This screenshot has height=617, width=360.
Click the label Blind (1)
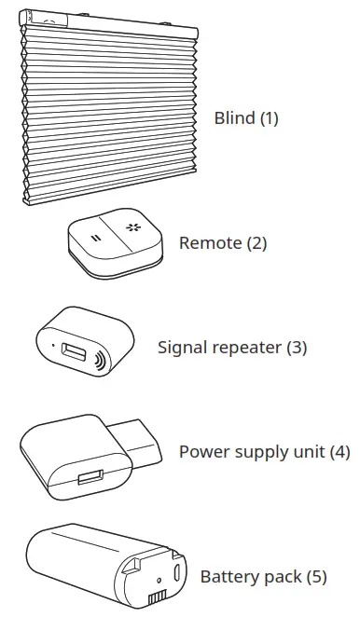pos(246,118)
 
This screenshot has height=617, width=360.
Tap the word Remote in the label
pos(210,243)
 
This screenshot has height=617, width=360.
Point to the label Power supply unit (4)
pos(264,452)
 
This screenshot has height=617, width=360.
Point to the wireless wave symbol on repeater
pos(97,360)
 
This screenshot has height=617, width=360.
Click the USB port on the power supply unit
pos(89,478)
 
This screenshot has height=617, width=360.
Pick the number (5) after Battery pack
pos(316,577)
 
